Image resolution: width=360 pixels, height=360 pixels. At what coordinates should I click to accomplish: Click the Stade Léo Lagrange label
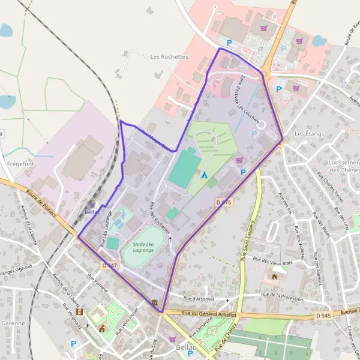tap(139, 247)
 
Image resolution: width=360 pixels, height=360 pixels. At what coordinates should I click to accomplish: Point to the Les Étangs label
tap(308, 133)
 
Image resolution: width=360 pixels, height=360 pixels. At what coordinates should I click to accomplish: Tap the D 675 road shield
tap(223, 203)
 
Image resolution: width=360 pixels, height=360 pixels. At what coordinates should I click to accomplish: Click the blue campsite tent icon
tap(205, 175)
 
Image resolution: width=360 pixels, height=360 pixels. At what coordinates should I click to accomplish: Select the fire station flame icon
tap(275, 277)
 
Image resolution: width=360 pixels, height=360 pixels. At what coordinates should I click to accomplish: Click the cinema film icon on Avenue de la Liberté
tap(79, 312)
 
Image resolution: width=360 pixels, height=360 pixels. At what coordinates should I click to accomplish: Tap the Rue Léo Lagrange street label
tap(106, 229)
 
